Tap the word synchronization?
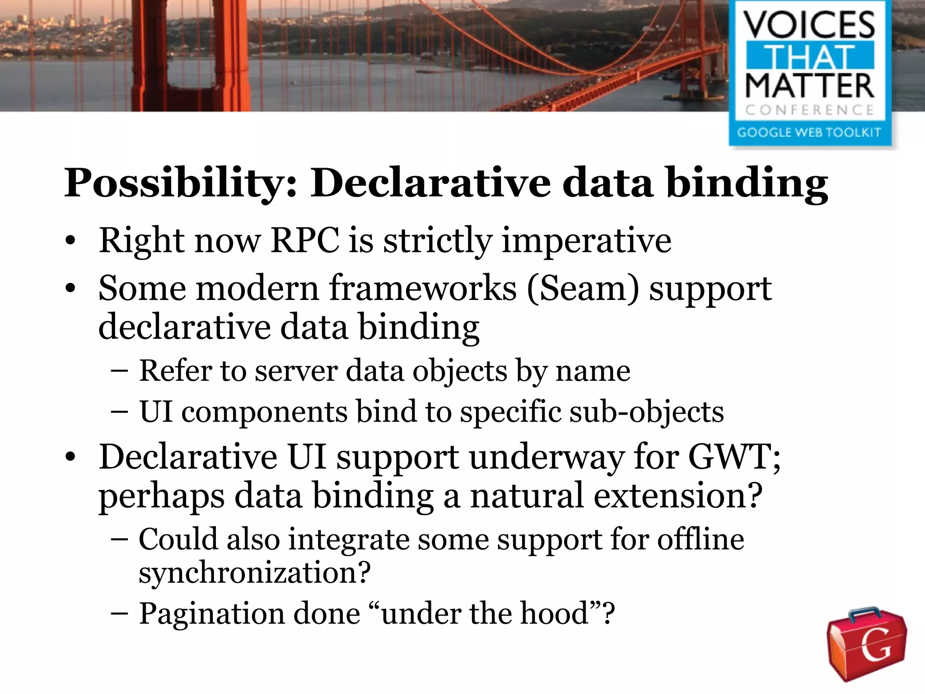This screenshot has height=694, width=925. click(x=254, y=572)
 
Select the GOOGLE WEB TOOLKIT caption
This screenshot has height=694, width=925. click(x=809, y=132)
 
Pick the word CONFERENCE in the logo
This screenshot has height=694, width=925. click(x=809, y=110)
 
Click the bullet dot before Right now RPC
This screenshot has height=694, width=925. click(x=70, y=241)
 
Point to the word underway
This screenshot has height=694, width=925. click(x=547, y=457)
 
